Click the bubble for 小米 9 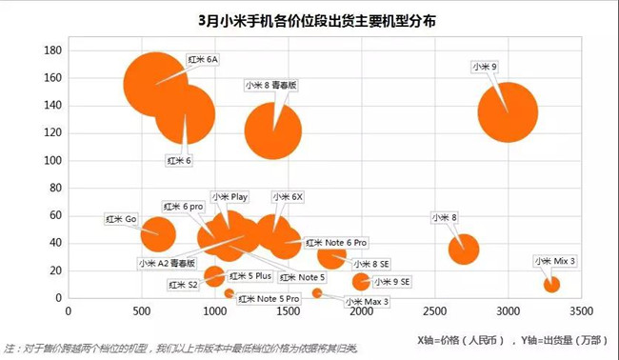point(508,112)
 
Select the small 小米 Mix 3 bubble point(550,284)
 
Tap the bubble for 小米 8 point(463,249)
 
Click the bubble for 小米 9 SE point(360,281)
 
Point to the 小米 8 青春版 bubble point(274,131)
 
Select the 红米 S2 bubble point(214,276)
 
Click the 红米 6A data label point(202,59)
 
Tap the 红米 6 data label point(179,160)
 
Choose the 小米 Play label point(230,197)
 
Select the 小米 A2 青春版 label point(166,263)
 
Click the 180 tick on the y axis point(53,50)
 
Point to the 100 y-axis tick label point(53,160)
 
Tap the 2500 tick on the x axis point(434,310)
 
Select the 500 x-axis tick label point(141,310)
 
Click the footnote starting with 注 point(181,349)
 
